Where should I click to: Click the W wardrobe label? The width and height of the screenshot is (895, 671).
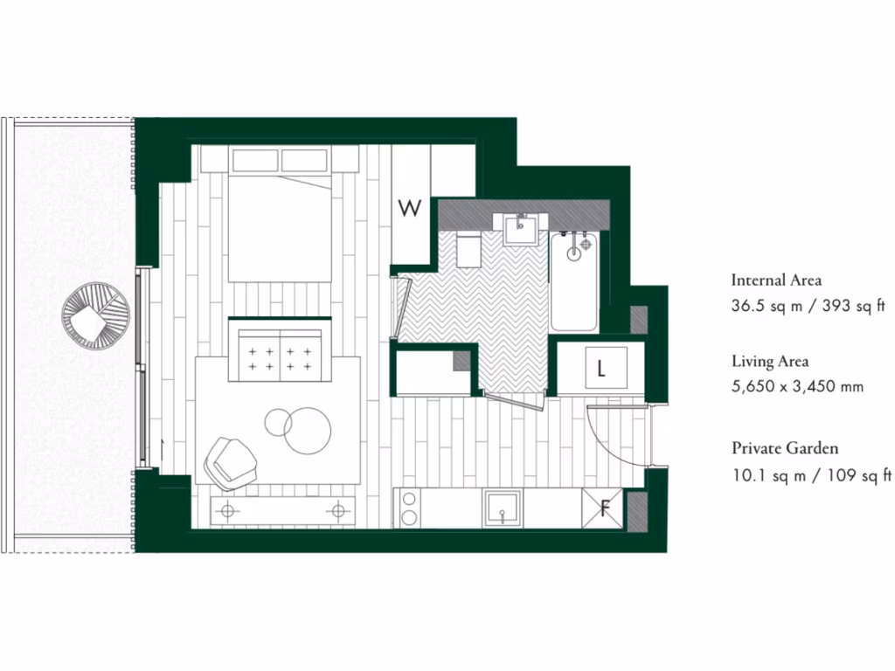click(x=410, y=208)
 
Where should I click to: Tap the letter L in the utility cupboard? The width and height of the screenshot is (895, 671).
click(x=601, y=368)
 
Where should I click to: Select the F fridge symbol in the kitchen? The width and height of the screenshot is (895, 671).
click(x=605, y=508)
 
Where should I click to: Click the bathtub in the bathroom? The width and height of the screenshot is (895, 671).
click(x=574, y=280)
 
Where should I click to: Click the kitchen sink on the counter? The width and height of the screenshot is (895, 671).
click(x=503, y=508)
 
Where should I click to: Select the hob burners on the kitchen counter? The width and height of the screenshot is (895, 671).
click(x=408, y=508)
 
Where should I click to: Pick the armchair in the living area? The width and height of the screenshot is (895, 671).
click(x=230, y=460)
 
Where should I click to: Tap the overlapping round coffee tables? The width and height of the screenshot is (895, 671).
click(x=299, y=428)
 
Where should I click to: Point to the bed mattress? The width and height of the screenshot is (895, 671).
click(x=280, y=229)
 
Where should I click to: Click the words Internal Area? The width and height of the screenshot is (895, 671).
click(x=776, y=280)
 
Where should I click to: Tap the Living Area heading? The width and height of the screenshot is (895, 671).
click(x=770, y=361)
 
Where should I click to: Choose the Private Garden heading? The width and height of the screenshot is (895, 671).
click(x=785, y=448)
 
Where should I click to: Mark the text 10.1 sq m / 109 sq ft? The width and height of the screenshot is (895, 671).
click(x=811, y=475)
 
